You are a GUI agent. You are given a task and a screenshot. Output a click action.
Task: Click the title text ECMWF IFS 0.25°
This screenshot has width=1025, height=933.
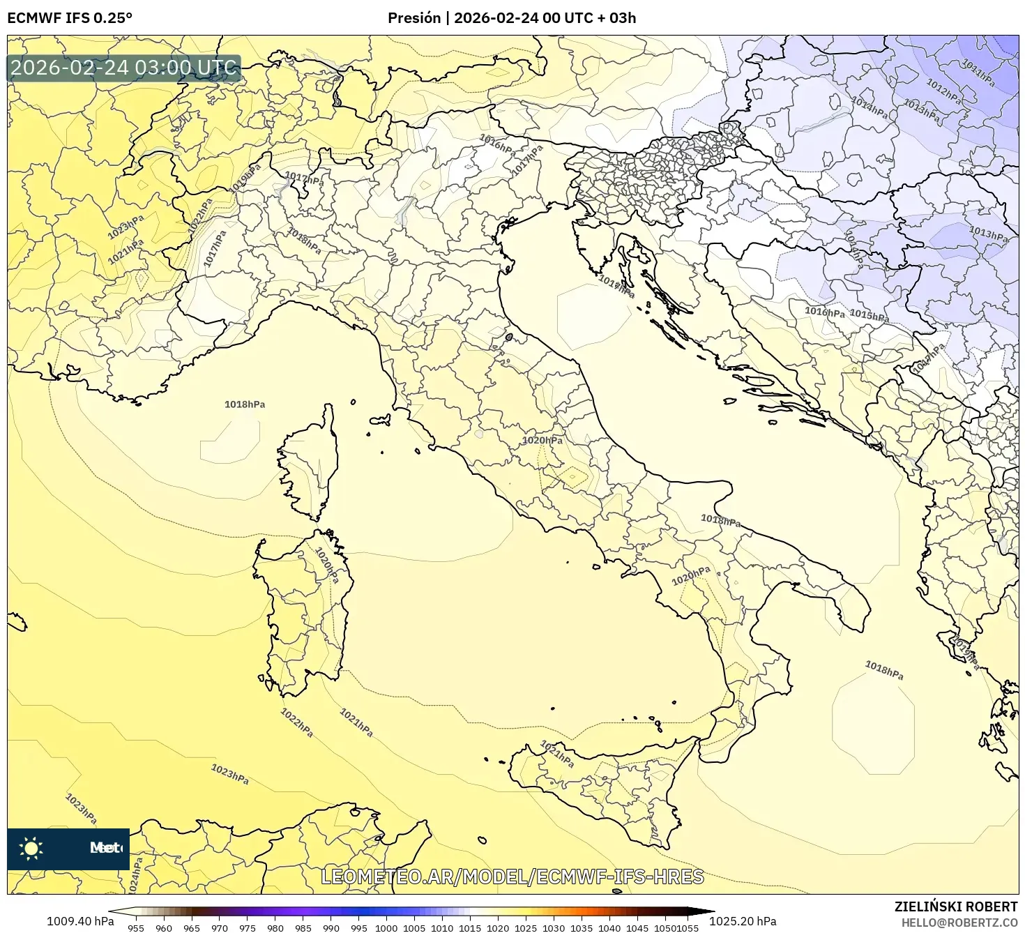coord(70,18)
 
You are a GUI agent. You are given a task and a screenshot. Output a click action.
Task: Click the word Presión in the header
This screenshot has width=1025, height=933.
coord(414,18)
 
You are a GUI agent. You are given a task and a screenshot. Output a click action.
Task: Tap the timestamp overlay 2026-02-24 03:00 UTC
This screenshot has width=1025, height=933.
coord(124,68)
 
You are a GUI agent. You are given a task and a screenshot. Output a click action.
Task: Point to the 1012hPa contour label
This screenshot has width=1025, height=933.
coord(943,91)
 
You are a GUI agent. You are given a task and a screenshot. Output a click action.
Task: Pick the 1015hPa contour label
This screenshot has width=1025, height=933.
coord(869,315)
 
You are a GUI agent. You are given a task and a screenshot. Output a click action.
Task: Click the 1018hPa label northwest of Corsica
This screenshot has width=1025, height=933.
coord(245,404)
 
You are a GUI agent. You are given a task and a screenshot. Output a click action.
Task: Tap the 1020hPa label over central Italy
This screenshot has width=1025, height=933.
coord(542,441)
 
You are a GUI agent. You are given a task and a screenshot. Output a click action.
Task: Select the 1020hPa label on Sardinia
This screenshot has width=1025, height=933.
coord(326,565)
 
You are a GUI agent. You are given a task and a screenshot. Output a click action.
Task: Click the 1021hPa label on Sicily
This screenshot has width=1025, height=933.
coord(557,754)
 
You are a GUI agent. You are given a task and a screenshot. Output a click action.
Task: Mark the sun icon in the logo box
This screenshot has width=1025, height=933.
coord(31,849)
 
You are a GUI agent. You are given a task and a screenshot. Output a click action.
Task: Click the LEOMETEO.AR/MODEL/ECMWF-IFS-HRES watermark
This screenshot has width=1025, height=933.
coord(512,877)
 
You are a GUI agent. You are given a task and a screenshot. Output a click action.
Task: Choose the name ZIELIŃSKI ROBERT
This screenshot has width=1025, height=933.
coord(955,907)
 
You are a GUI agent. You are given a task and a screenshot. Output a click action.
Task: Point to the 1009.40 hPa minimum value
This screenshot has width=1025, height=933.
coord(80,921)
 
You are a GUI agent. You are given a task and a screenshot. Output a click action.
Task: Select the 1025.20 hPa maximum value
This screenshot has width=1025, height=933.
coord(748,921)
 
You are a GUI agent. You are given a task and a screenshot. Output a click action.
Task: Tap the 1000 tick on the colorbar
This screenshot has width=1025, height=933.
coord(386,928)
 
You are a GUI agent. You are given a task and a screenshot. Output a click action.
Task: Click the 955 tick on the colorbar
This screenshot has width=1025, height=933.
coord(136,928)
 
